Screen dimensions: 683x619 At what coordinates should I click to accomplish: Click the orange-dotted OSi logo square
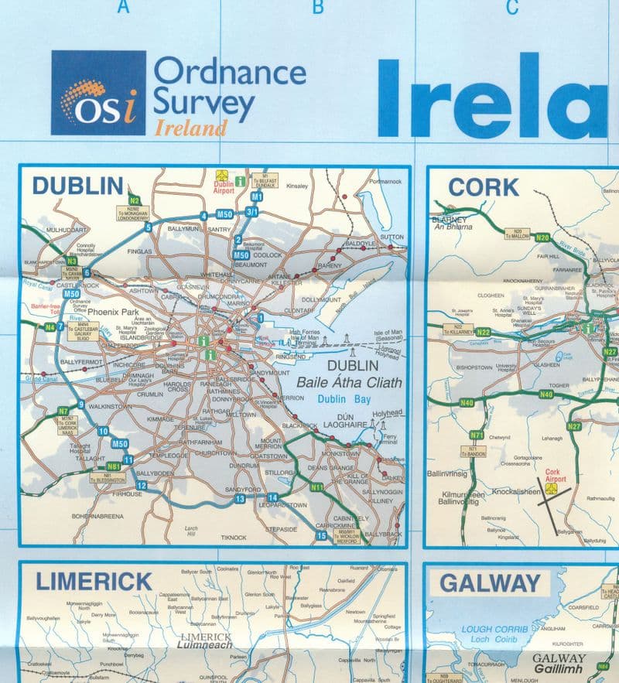[x=98, y=92]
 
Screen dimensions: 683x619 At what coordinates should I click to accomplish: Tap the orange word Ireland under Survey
[x=190, y=127]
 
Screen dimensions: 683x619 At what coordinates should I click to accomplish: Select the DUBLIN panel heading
[x=77, y=186]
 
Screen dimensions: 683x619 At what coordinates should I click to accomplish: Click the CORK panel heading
[x=483, y=187]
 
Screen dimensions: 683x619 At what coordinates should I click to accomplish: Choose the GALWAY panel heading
[x=491, y=583]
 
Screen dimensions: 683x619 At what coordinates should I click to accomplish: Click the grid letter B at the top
[x=317, y=9]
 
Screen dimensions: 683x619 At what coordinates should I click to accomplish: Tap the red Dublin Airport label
[x=223, y=188]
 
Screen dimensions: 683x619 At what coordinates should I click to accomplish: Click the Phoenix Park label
[x=113, y=312]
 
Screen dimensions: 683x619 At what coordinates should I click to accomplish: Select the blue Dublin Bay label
[x=344, y=399]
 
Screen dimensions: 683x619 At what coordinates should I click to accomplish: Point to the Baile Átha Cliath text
[x=347, y=381]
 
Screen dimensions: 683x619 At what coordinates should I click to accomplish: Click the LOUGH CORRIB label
[x=494, y=629]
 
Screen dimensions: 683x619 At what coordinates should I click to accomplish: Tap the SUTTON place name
[x=392, y=237]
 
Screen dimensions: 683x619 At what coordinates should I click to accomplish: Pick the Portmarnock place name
[x=386, y=181]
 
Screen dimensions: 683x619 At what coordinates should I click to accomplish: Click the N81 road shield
[x=114, y=466]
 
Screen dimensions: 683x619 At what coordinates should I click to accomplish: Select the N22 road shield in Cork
[x=484, y=332]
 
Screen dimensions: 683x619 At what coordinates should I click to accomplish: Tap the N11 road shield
[x=317, y=487]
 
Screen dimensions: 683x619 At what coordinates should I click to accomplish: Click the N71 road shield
[x=477, y=435]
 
